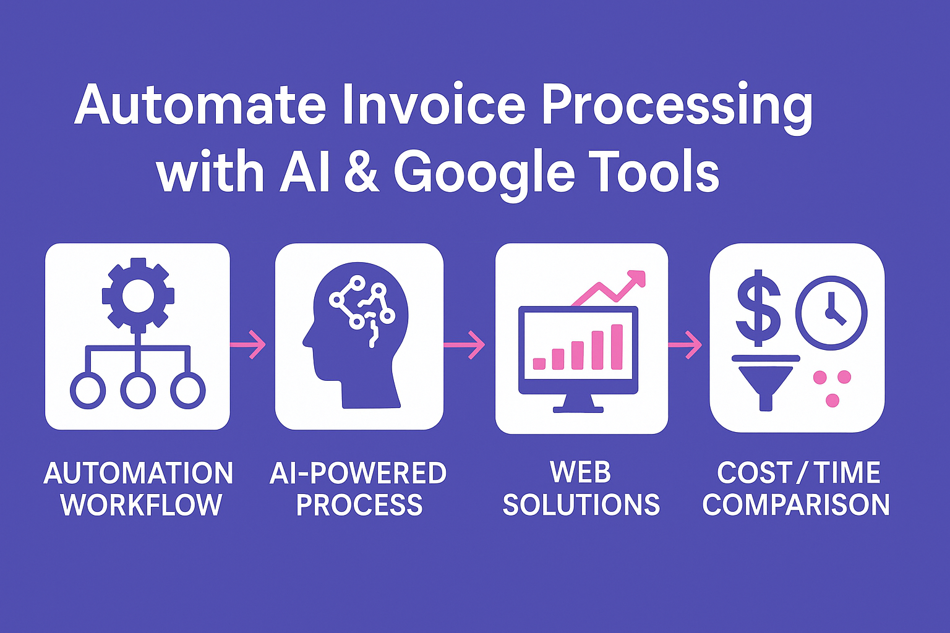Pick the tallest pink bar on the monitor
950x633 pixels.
pos(617,346)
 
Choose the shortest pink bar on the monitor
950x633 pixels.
pos(539,363)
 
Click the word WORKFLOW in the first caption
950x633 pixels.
pos(141,505)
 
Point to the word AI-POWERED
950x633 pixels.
pos(358,474)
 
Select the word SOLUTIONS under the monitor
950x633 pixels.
pos(581,505)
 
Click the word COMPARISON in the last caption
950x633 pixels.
pos(796,505)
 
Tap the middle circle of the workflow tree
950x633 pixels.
pos(138,390)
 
